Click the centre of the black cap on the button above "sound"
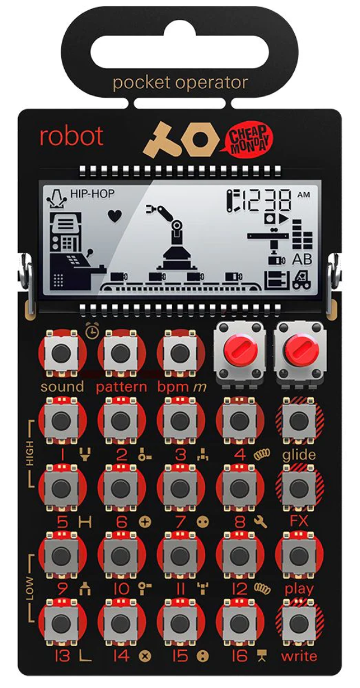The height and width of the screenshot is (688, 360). [61, 353]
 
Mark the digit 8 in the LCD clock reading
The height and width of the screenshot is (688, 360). [283, 200]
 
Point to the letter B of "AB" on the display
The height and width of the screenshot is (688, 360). [307, 259]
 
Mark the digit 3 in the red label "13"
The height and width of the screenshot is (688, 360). [65, 656]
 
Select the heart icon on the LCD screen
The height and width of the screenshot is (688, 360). [115, 216]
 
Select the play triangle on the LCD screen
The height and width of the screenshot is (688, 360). [281, 219]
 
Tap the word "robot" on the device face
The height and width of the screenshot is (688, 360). [71, 136]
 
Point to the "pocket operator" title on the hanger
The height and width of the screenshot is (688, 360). [180, 83]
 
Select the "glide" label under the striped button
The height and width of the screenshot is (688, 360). [299, 455]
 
